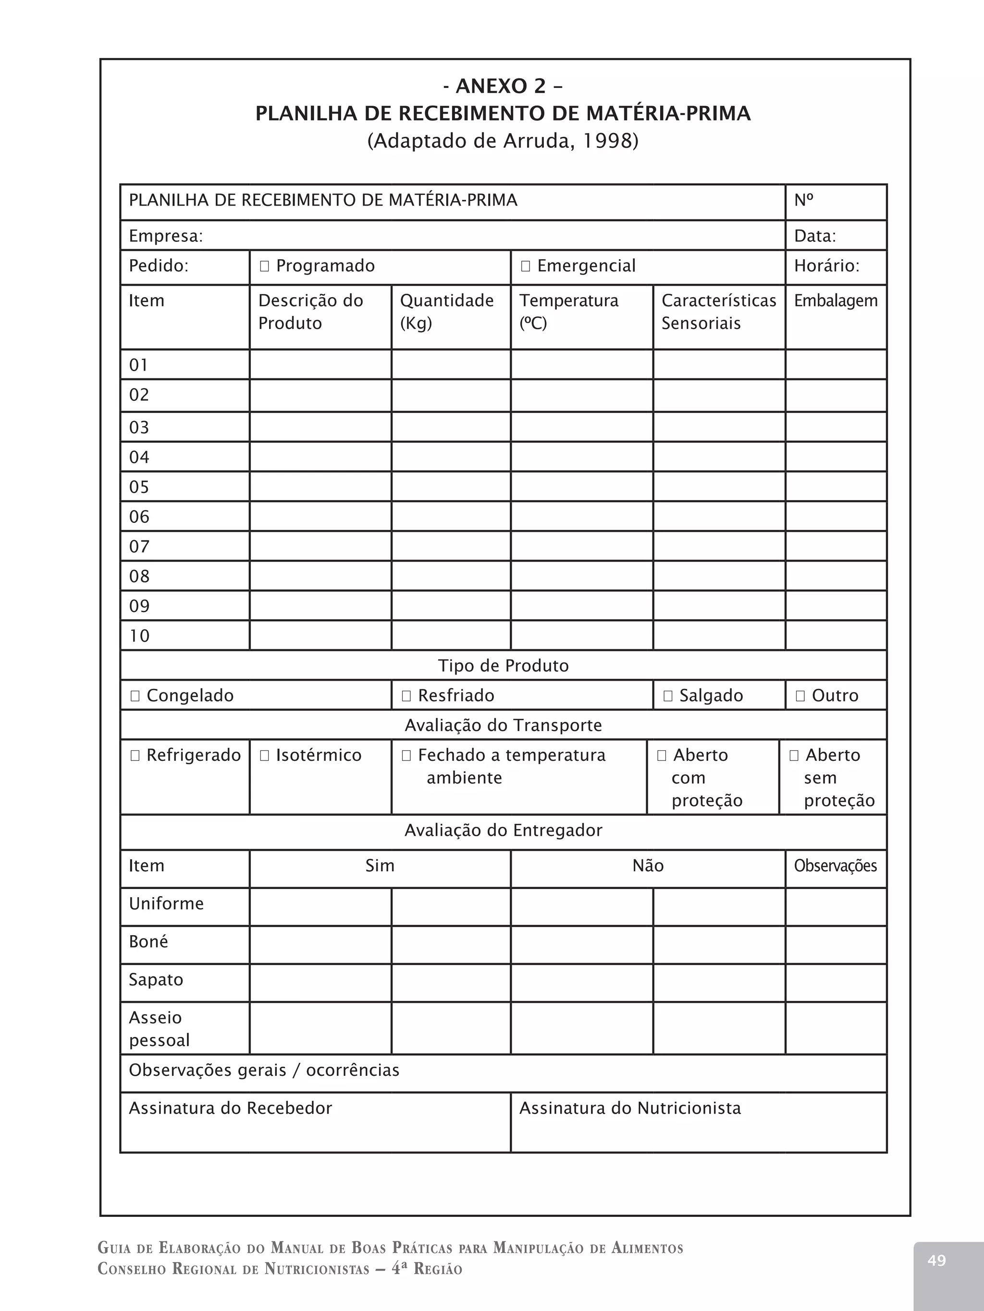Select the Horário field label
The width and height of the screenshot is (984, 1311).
click(826, 265)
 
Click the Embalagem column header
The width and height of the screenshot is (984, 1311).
click(835, 301)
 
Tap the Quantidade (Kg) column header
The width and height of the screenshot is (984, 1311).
click(447, 311)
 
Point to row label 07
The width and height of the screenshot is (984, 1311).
click(139, 546)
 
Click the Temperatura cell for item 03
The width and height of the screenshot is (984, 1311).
click(581, 427)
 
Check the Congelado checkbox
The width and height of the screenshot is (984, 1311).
click(135, 696)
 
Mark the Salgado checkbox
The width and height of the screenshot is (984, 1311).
click(668, 696)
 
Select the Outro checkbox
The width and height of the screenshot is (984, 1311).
click(800, 696)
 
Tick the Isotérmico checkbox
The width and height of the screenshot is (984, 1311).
click(265, 756)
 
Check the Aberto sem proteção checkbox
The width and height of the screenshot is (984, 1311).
click(794, 756)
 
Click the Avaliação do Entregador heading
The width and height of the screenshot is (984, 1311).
click(503, 830)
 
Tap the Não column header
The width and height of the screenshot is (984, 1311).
click(648, 866)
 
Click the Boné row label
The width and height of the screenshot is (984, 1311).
click(148, 942)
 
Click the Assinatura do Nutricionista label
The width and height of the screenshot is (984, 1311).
click(630, 1108)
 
